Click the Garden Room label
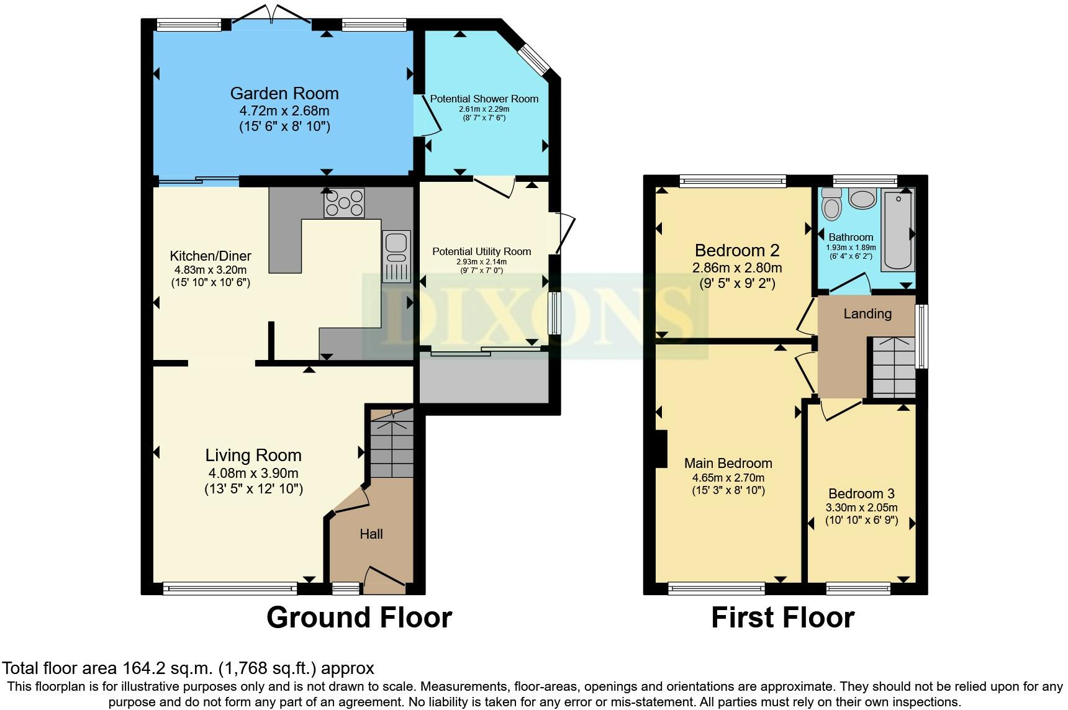point(284,93)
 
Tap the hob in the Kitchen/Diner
point(344,204)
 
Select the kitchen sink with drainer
point(395,256)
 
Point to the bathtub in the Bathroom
point(898,230)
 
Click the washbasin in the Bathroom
point(862,199)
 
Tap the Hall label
point(371,534)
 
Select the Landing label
point(867,313)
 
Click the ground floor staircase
point(391,444)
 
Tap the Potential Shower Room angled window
point(535,60)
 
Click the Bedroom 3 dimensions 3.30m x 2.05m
point(861,507)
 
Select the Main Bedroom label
point(728,463)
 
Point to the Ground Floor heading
point(359,618)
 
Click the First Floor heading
point(782,618)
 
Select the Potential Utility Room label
point(481,251)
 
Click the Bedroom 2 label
point(736,250)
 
